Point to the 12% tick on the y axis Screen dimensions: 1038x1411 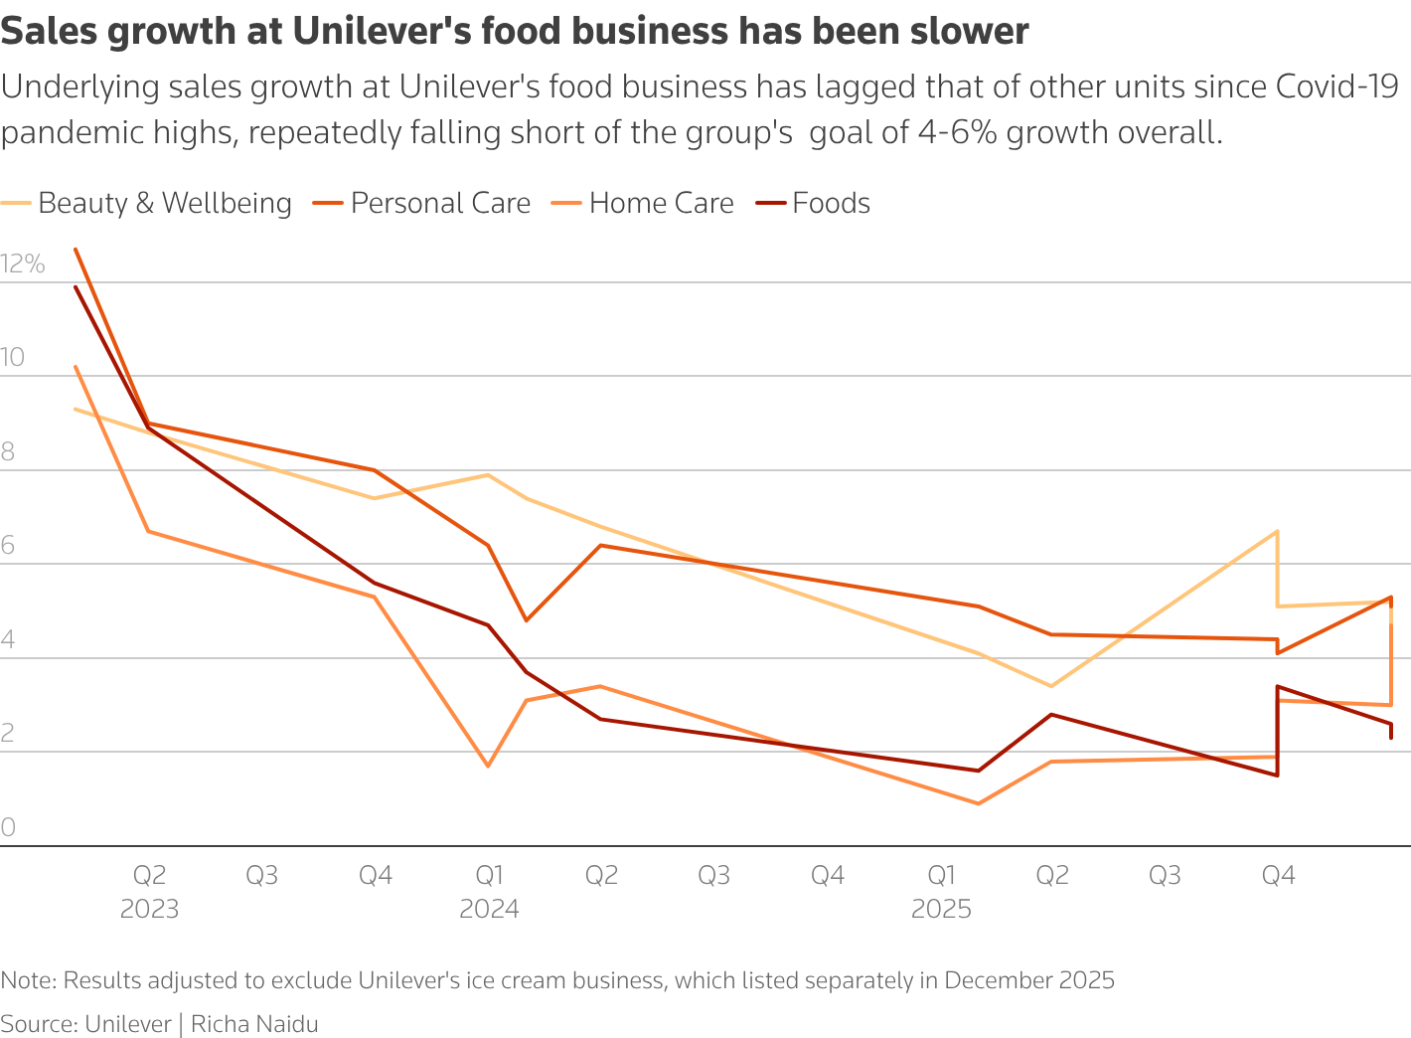coord(23,264)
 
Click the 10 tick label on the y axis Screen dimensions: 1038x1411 coord(13,358)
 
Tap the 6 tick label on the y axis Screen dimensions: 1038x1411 coord(8,546)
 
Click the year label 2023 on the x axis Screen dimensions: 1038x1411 coord(149,910)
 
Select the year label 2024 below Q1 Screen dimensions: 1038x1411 coord(489,910)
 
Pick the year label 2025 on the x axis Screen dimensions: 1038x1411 coord(941,910)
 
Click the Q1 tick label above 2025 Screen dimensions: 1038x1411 coord(941,876)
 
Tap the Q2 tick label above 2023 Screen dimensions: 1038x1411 coord(149,876)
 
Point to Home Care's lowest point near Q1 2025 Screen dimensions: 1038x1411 coord(979,803)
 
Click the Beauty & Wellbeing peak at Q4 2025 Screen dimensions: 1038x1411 coord(1277,532)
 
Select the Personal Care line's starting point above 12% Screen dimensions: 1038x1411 coord(76,250)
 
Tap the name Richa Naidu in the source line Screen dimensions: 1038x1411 coord(254,1024)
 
